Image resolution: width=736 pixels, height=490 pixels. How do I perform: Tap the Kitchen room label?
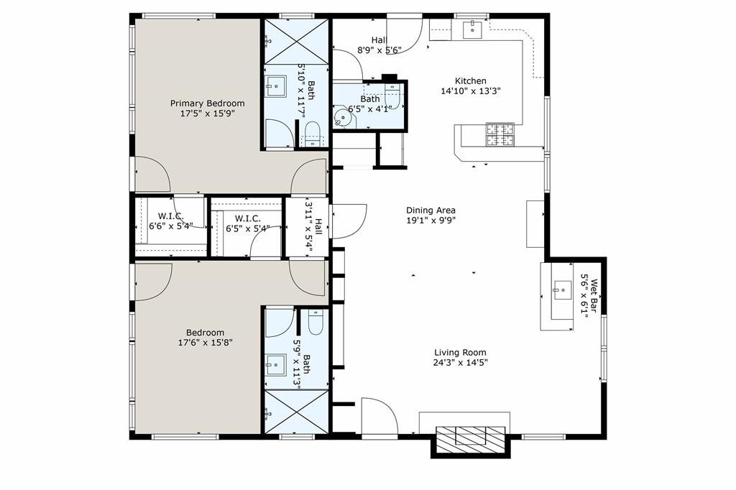[471, 81]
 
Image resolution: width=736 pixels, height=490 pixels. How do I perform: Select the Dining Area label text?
[431, 211]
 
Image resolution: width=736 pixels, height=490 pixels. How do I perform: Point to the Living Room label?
[460, 353]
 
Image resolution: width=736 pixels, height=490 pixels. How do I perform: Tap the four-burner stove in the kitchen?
[500, 135]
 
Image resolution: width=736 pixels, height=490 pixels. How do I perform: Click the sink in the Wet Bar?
[559, 291]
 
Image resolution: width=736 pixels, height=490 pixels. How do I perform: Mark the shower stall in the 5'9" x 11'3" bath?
[296, 412]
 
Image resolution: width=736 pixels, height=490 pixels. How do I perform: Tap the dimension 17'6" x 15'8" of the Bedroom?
[205, 343]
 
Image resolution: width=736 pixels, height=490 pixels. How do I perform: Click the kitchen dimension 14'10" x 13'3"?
[470, 91]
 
